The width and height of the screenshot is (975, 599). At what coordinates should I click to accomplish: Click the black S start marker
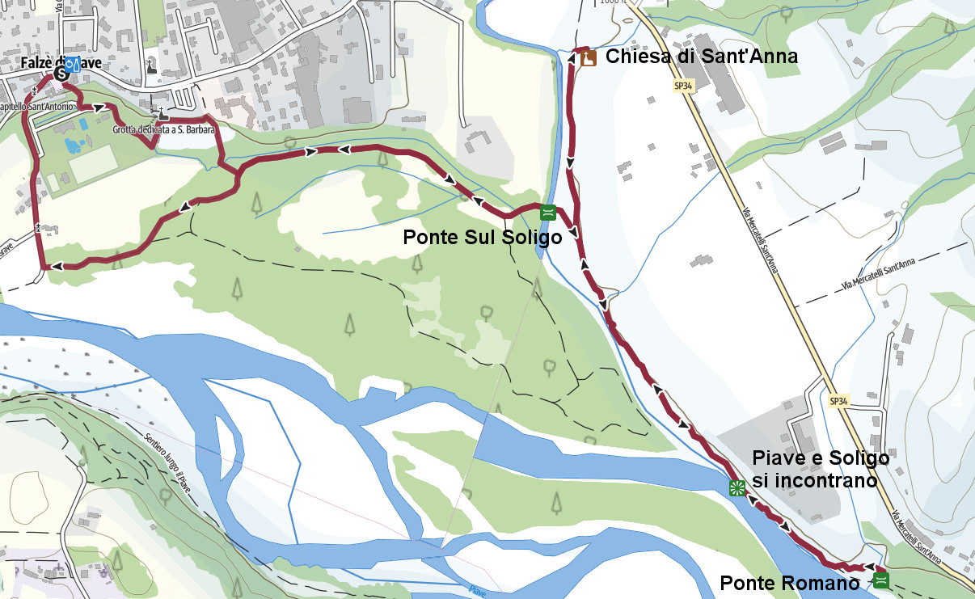point(61,74)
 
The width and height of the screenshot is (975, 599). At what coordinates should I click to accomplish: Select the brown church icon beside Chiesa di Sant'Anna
point(588,57)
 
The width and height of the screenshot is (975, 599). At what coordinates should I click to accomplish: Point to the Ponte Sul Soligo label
point(483,238)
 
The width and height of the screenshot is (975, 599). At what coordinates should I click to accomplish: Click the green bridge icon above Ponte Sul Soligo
point(547,213)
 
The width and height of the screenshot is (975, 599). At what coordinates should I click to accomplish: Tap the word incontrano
point(814,481)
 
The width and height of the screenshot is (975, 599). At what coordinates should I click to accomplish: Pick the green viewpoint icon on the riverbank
point(736,487)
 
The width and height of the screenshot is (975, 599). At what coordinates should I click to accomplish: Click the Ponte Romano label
point(789,583)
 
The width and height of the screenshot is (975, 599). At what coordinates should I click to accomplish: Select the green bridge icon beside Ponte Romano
point(881,580)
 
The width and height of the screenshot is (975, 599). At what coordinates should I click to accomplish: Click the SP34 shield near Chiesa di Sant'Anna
point(683,86)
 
